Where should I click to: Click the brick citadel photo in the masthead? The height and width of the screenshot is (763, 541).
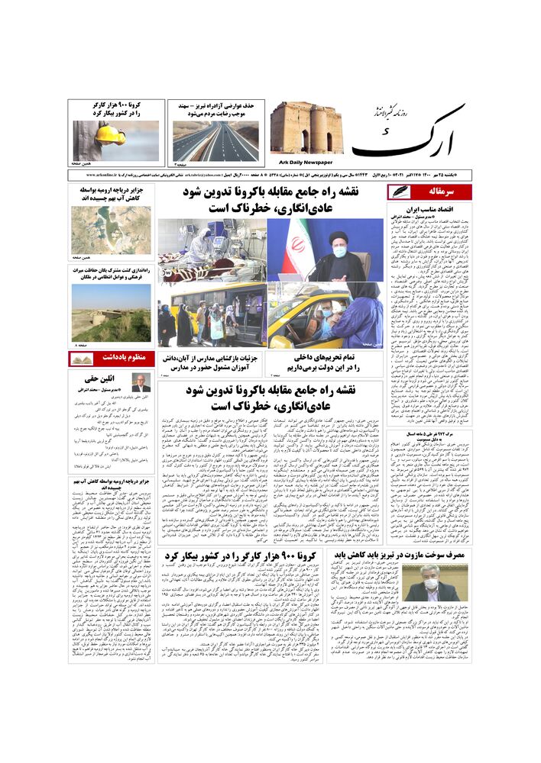tap(306, 128)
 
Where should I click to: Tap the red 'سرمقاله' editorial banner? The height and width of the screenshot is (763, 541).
tap(440, 192)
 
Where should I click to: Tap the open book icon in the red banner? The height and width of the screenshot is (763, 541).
tap(82, 358)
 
